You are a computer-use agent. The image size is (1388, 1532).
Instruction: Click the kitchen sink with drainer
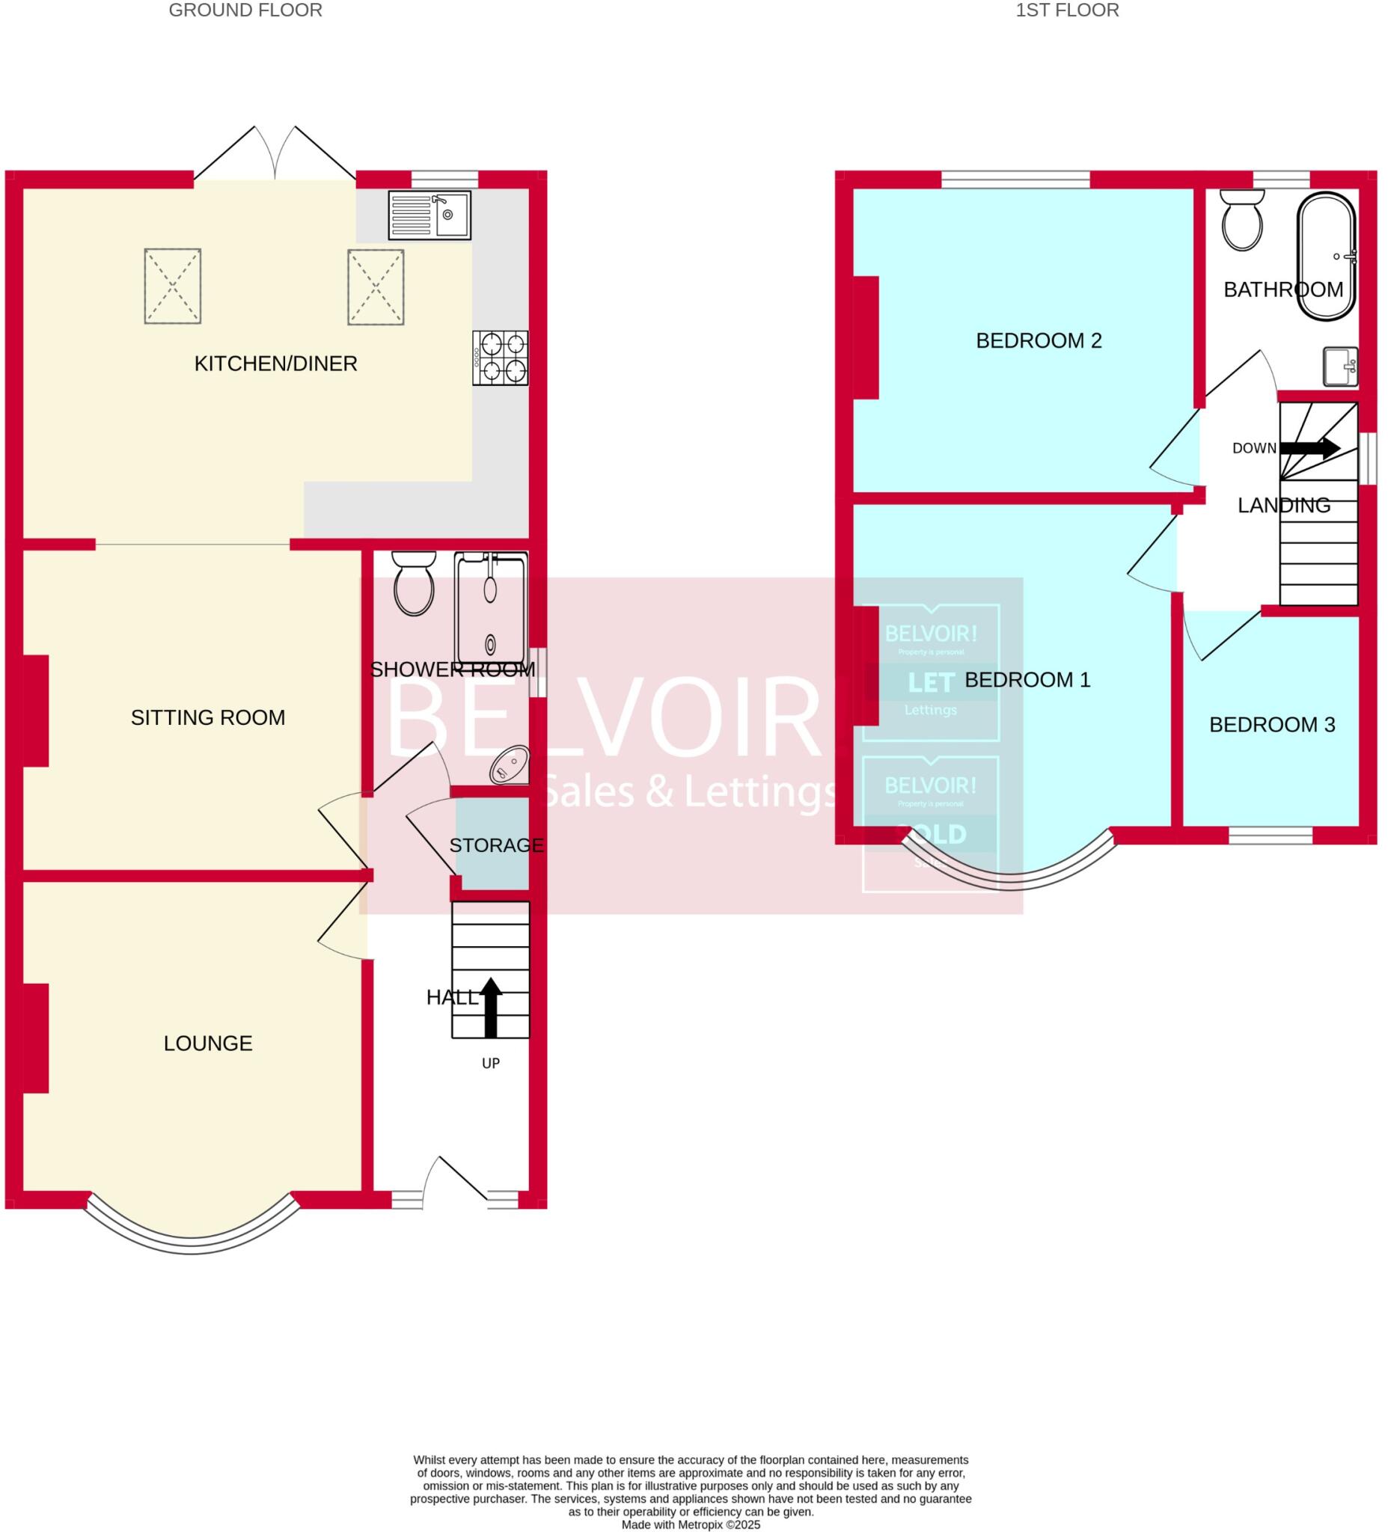point(429,215)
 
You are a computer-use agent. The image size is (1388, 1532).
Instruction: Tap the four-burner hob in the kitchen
point(499,358)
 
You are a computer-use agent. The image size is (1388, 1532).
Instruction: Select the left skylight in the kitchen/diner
point(173,286)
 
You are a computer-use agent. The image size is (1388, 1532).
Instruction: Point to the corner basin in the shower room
point(510,765)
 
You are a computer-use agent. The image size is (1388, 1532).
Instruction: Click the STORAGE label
point(496,845)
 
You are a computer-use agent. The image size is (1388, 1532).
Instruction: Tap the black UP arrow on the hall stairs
point(490,1006)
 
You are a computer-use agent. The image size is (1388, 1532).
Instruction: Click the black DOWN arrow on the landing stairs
point(1309,448)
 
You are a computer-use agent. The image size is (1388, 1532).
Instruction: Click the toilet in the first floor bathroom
point(1242,220)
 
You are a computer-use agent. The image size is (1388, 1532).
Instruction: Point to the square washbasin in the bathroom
point(1340,367)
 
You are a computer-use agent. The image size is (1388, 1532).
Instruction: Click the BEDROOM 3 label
point(1272,725)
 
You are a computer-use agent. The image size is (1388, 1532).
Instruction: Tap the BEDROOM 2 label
point(1039,340)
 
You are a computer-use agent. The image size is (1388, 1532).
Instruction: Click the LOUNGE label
point(207,1044)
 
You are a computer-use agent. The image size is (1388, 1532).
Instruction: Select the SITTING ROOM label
point(207,717)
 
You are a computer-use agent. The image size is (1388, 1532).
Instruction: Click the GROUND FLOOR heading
point(245,10)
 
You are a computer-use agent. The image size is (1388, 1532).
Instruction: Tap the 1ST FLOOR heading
point(1066,10)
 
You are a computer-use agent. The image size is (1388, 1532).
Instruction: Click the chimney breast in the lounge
point(36,1038)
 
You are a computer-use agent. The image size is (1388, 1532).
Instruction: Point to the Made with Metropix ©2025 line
point(690,1525)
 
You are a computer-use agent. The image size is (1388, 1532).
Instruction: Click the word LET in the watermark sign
point(930,683)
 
